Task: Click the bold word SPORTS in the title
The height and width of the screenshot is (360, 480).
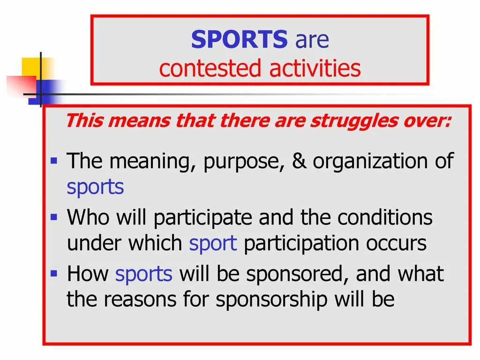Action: (x=239, y=40)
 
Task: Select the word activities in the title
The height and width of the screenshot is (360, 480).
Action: (x=315, y=68)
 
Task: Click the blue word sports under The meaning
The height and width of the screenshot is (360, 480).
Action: (x=95, y=187)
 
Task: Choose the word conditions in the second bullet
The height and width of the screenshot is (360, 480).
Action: (x=385, y=217)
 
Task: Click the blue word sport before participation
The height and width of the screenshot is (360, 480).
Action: (x=213, y=244)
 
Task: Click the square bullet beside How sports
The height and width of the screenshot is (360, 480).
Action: (x=54, y=272)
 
